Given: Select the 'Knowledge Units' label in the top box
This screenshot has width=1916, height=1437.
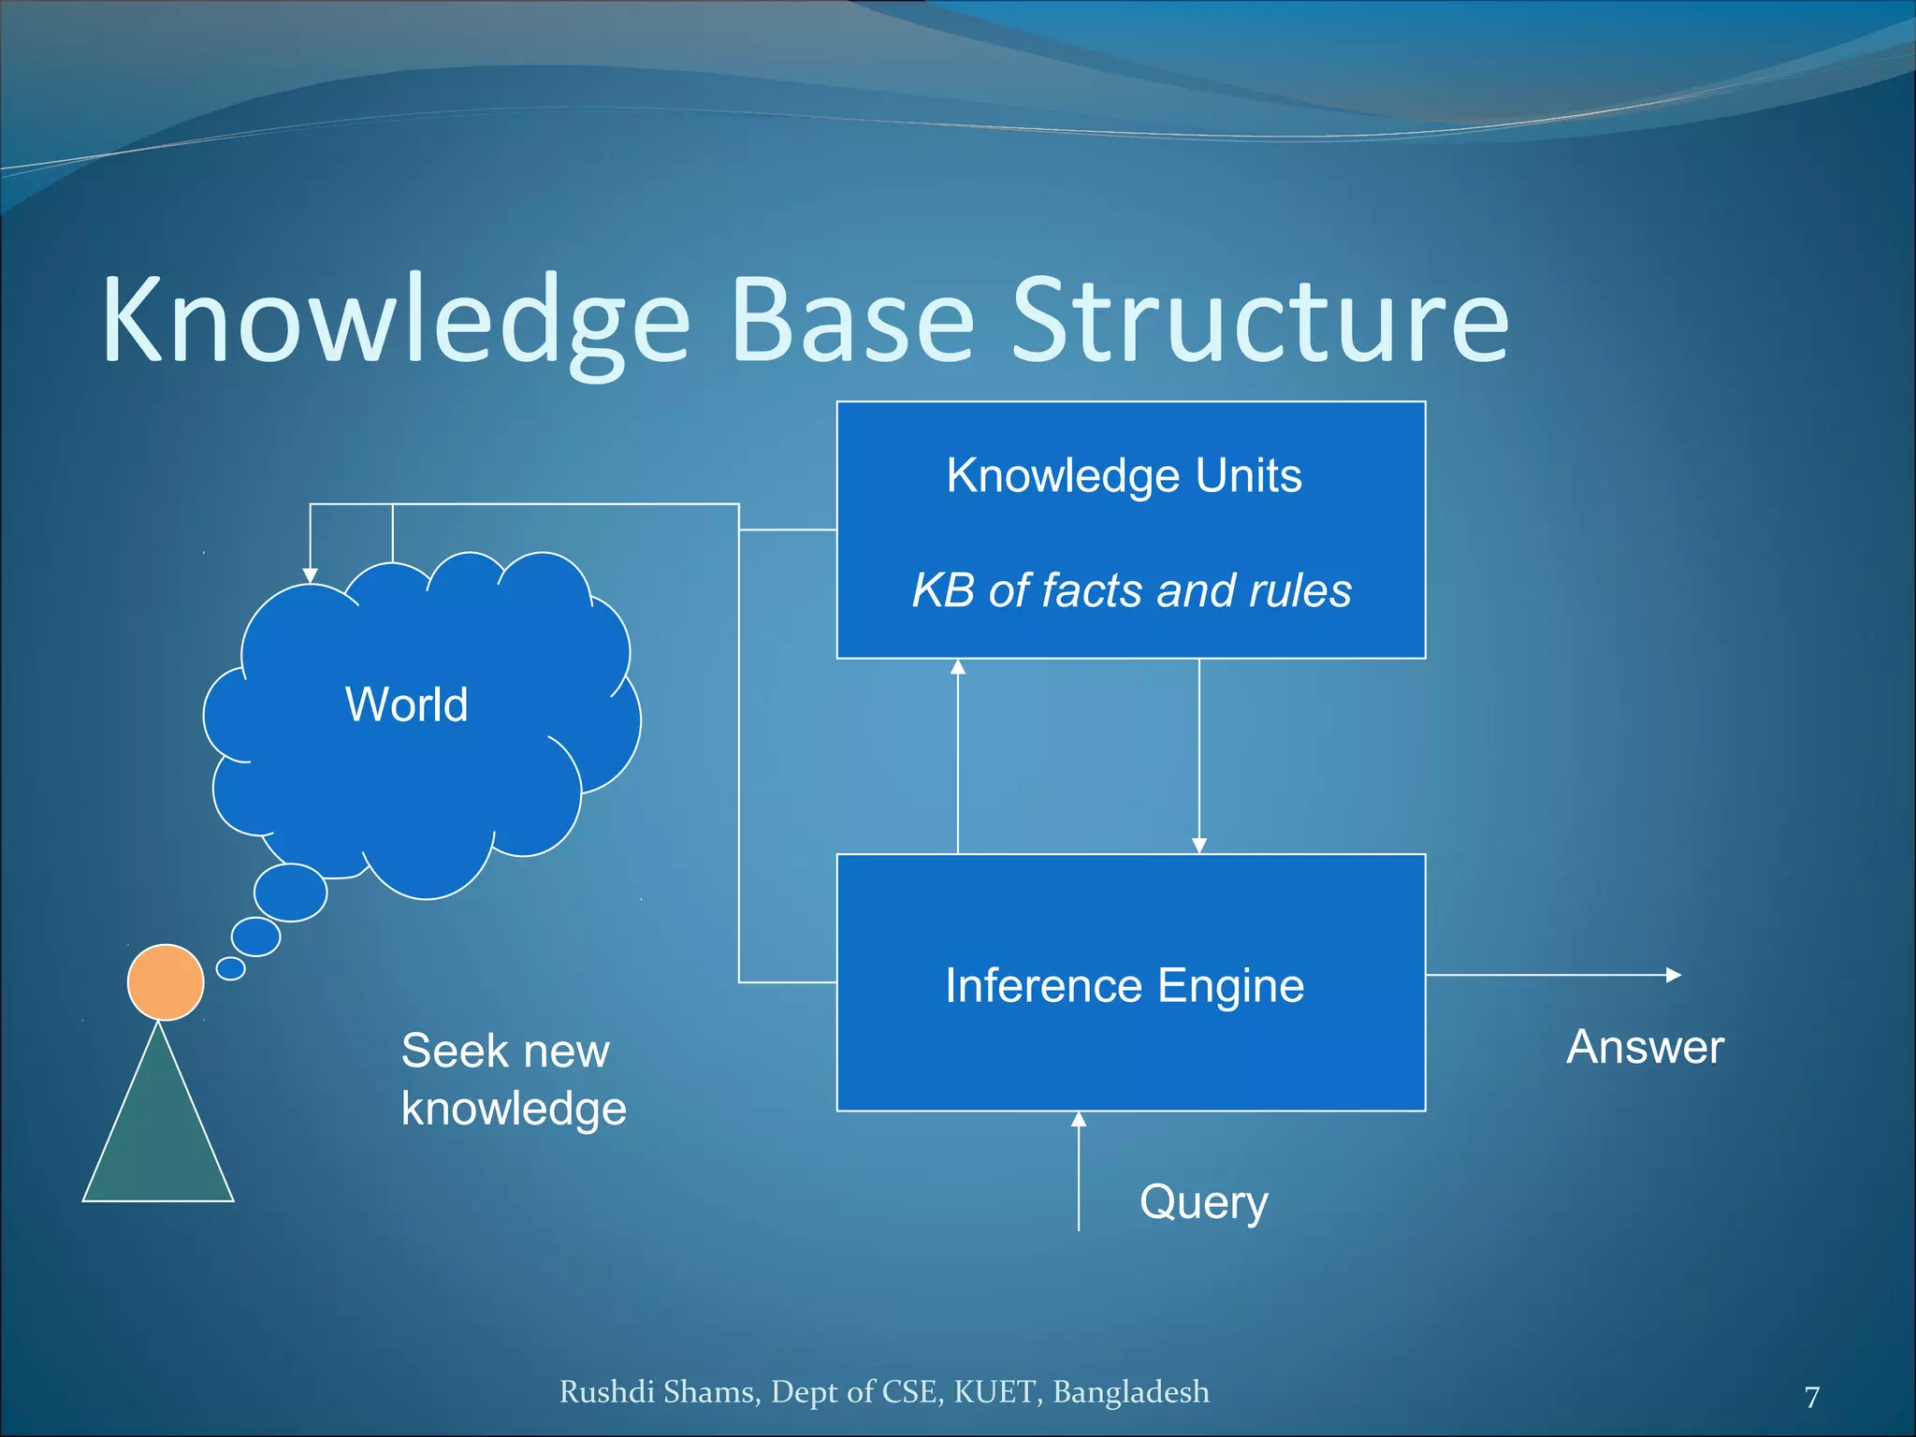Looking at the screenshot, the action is tap(1124, 475).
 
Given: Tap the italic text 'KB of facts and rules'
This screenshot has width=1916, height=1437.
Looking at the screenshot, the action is tap(1131, 591).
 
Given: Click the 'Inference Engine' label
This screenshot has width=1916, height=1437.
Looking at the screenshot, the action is tap(1124, 985).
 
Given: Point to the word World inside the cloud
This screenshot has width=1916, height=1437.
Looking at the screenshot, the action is tap(406, 704).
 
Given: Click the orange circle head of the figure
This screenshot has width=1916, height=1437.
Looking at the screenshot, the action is tap(166, 981).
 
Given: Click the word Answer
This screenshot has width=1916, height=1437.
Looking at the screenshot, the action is tap(1645, 1047).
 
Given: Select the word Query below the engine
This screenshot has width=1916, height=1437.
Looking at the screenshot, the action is tap(1203, 1202).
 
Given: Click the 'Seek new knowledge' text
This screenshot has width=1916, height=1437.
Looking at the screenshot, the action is tap(513, 1079).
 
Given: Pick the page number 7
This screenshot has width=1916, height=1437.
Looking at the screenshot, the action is tap(1812, 1397).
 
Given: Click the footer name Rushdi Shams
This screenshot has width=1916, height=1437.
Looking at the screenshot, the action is tap(658, 1392).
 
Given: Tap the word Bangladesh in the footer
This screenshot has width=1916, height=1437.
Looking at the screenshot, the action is tap(1130, 1392).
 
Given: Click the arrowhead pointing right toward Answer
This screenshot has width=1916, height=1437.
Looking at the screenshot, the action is tap(1674, 975).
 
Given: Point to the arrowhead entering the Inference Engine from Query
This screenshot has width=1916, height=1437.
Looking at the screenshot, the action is tap(1079, 1119).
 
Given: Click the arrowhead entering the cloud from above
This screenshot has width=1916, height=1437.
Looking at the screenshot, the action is tap(311, 575).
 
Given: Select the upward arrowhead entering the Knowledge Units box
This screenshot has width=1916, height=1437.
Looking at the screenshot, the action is tap(958, 667).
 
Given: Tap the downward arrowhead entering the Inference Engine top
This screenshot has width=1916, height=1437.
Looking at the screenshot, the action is tap(1199, 846).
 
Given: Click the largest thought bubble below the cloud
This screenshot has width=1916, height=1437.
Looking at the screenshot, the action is tap(291, 893).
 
